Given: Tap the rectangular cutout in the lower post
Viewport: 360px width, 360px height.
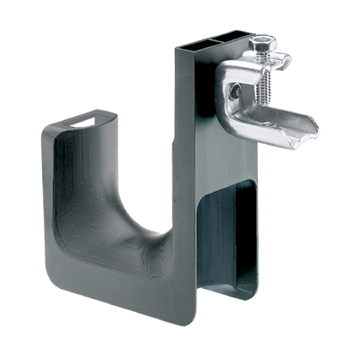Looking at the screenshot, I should click(228, 231).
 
